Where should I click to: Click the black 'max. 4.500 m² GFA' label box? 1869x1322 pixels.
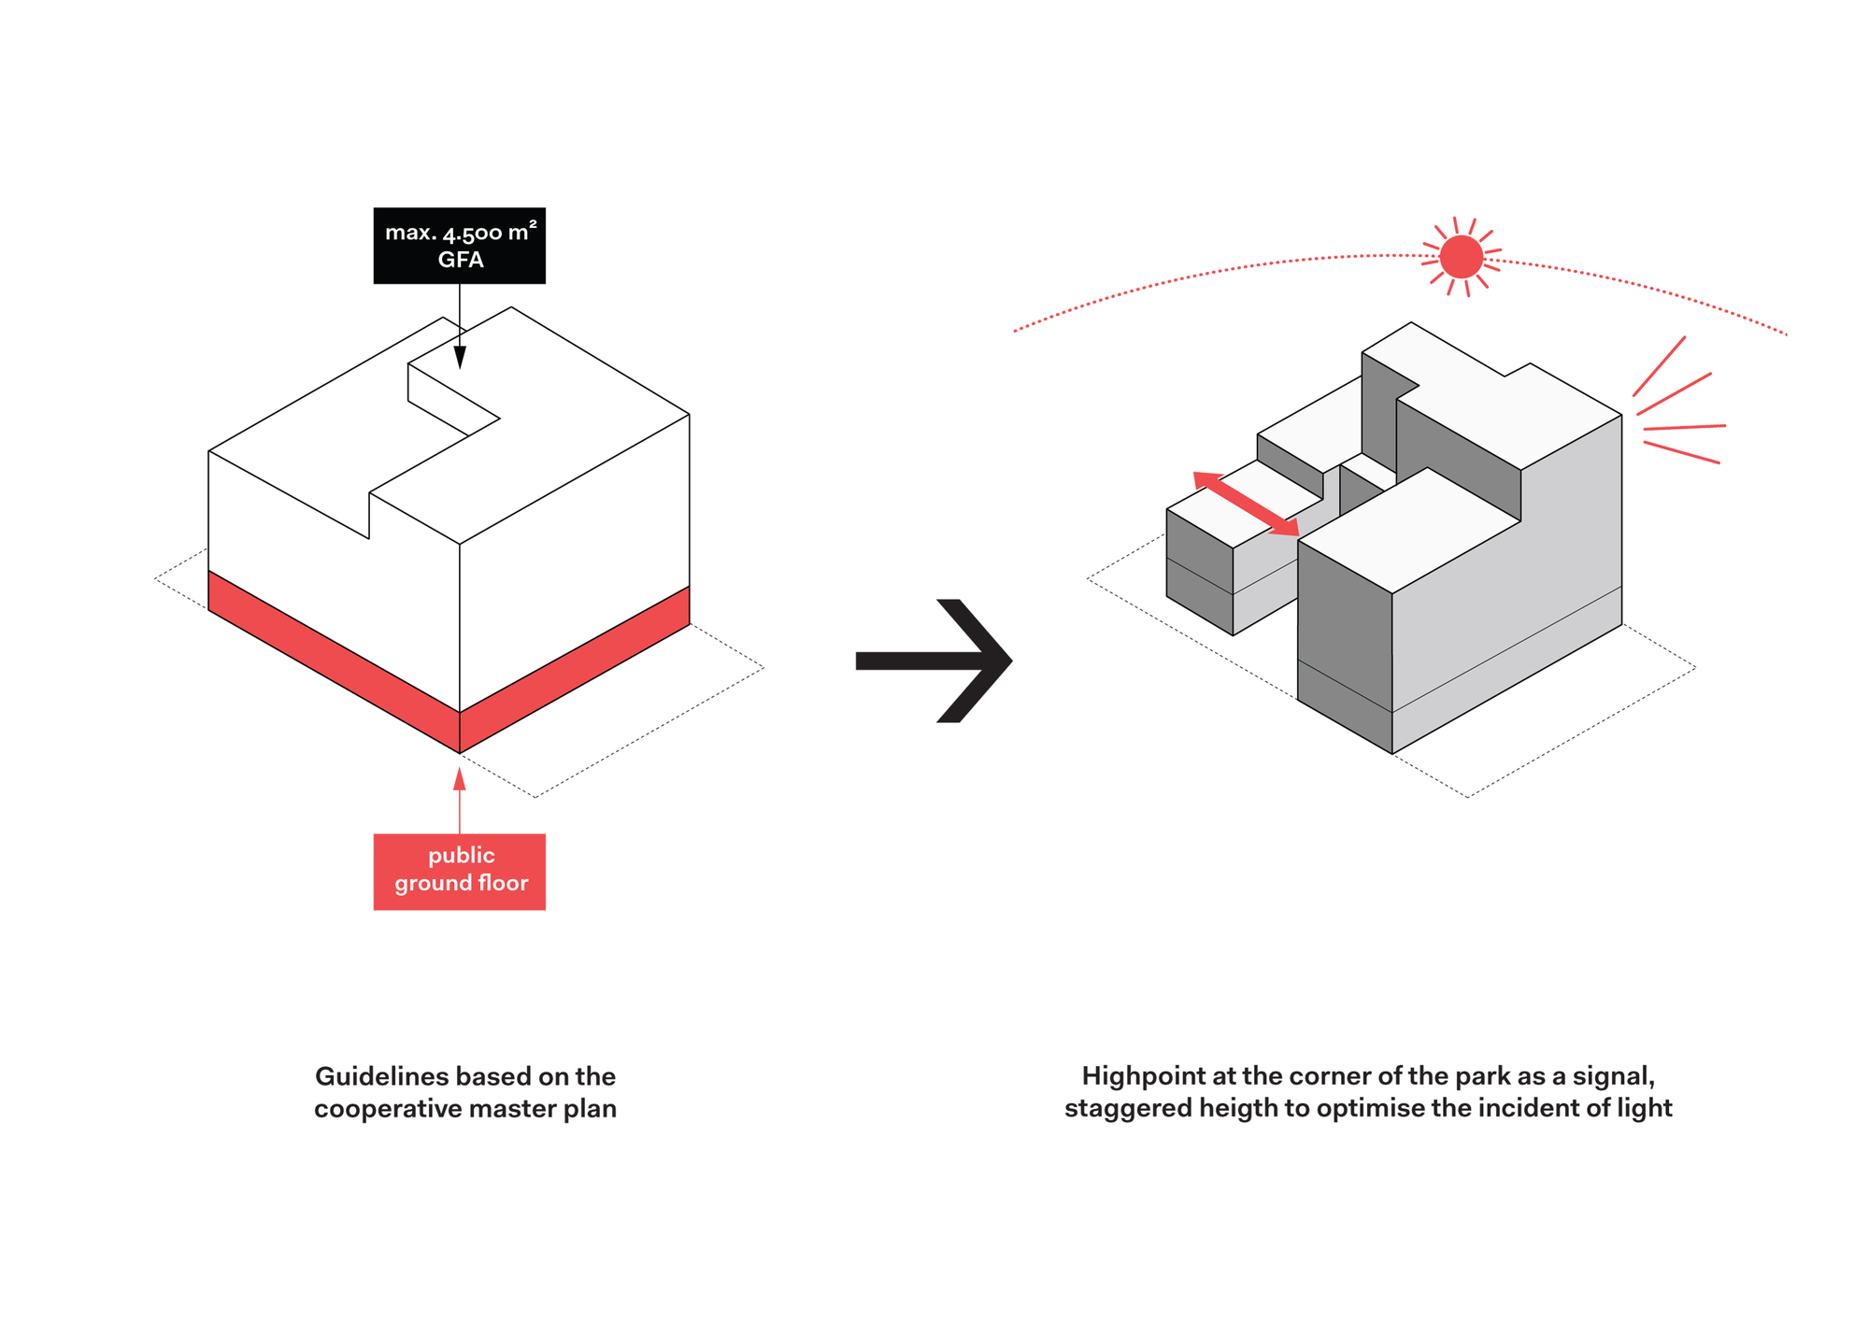point(459,245)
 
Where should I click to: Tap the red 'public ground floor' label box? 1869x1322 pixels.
point(459,871)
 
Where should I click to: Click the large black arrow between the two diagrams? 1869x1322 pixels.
point(934,661)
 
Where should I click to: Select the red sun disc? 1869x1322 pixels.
point(1461,257)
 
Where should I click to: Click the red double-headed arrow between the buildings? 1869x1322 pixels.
point(1246,505)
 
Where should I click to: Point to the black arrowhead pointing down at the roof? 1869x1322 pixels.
point(460,357)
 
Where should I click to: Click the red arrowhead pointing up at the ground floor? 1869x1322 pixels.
point(459,779)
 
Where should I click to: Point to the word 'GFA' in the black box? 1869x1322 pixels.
point(461,260)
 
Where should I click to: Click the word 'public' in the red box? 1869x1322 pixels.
point(462,856)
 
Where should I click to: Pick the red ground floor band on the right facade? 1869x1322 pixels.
point(575,669)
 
